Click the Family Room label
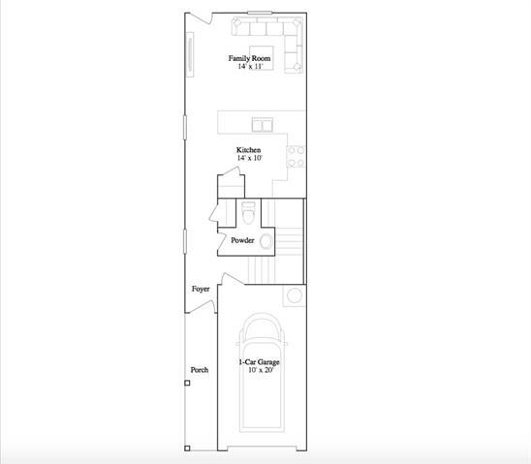coord(249,59)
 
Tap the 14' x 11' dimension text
coord(249,67)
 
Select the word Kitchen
coord(249,150)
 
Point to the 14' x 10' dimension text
coord(249,158)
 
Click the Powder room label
coord(242,240)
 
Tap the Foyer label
coord(201,289)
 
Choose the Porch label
coord(200,369)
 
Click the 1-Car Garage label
coord(259,362)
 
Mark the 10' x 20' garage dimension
coord(259,370)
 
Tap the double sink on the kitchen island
coord(262,124)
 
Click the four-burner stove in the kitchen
coord(297,157)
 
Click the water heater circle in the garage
coord(295,294)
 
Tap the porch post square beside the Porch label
coord(188,384)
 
